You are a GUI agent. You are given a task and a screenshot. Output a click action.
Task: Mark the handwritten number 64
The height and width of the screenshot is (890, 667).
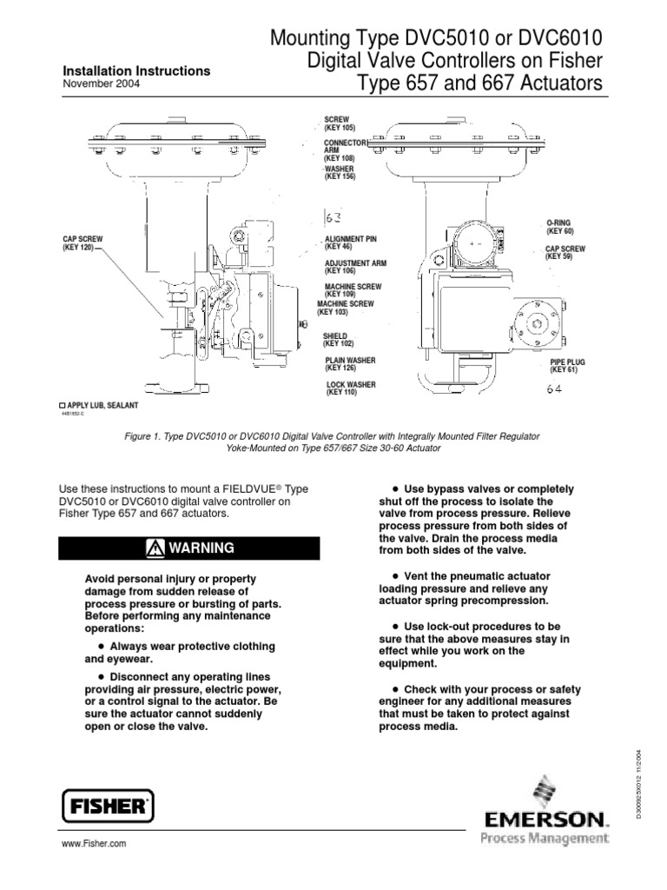point(555,390)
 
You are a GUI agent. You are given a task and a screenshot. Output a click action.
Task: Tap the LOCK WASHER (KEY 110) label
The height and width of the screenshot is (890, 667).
point(351,389)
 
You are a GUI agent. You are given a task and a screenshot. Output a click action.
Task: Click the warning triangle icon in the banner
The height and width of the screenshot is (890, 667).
point(155,548)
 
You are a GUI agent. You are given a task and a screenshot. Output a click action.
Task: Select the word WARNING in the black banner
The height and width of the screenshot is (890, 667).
point(201,548)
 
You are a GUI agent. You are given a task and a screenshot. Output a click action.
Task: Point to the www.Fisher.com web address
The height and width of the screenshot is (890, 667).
point(95,844)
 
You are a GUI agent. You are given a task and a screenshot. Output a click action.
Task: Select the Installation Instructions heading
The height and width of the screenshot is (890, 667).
point(136,70)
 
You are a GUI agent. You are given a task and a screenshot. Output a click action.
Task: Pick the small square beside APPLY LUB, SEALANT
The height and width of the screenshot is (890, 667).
point(62,406)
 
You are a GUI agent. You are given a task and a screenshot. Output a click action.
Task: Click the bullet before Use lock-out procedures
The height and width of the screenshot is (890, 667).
point(396,625)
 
